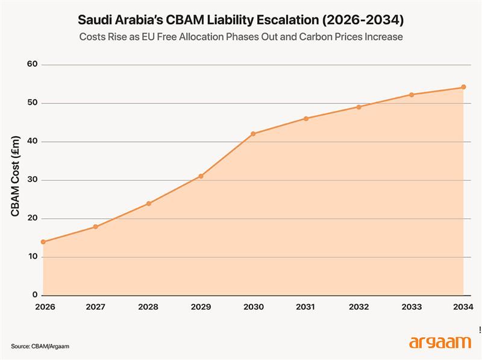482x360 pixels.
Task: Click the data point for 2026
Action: [43, 242]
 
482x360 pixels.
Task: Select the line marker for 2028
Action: [148, 203]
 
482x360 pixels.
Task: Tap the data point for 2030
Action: [253, 133]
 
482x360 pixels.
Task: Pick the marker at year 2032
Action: [358, 107]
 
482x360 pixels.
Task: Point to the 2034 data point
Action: [463, 87]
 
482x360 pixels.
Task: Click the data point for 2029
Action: [201, 176]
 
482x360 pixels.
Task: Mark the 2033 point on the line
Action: [411, 95]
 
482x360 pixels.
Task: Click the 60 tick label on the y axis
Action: [33, 65]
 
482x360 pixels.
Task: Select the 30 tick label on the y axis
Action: [33, 180]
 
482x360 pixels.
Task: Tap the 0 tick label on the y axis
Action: [35, 295]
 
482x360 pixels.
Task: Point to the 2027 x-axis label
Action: [96, 307]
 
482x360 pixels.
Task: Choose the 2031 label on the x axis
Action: [305, 307]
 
